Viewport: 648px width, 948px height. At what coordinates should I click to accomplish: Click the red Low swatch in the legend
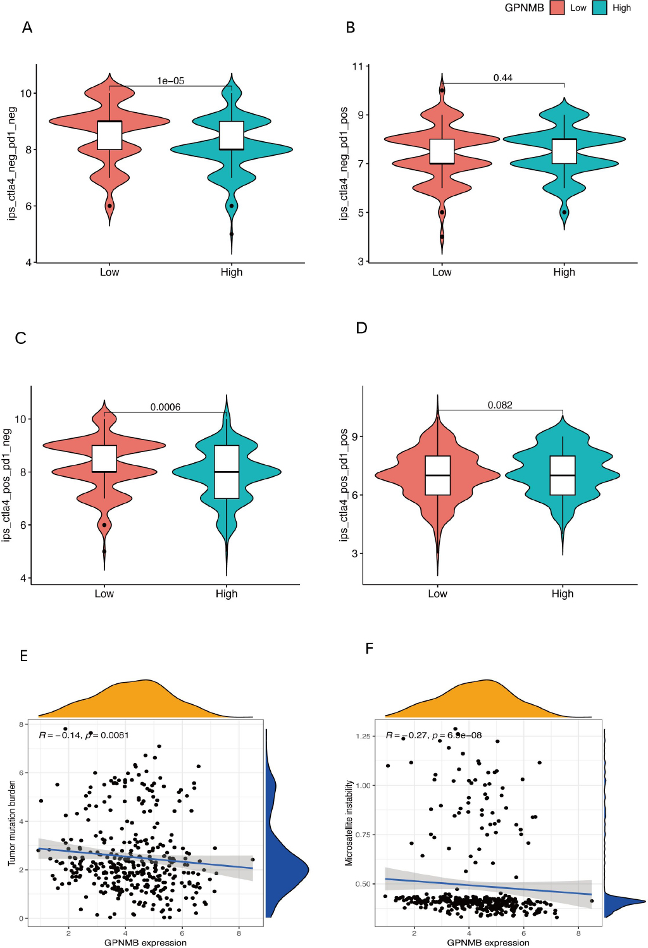[x=557, y=8]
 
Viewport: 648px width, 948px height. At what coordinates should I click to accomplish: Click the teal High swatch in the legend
[x=600, y=8]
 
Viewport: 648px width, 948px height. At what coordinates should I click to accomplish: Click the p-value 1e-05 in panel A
[x=170, y=80]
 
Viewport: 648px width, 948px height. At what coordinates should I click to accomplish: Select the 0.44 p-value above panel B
[x=502, y=77]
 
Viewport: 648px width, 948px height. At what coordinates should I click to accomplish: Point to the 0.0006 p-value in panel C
[x=165, y=407]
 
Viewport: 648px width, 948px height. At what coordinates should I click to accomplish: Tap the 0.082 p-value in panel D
[x=500, y=405]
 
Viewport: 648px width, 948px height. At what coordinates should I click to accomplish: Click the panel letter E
[x=24, y=655]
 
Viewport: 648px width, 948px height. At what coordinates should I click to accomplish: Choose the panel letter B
[x=351, y=27]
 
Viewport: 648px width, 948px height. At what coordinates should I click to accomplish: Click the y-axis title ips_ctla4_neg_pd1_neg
[x=12, y=163]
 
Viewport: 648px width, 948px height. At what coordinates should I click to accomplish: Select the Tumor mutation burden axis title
[x=11, y=823]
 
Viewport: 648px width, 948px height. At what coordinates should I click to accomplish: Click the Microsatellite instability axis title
[x=349, y=823]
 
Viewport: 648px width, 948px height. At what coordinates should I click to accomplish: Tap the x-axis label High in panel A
[x=232, y=272]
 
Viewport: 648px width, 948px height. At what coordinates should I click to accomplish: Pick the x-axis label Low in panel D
[x=437, y=593]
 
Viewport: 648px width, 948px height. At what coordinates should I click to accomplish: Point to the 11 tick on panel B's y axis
[x=358, y=66]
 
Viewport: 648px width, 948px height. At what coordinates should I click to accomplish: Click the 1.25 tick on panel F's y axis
[x=363, y=736]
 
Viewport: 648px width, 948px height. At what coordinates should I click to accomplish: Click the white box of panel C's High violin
[x=227, y=472]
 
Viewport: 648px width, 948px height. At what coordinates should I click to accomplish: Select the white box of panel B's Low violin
[x=442, y=151]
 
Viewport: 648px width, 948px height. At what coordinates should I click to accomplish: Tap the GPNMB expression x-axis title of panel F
[x=488, y=942]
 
